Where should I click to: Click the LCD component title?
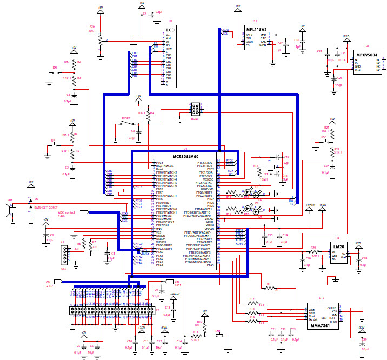tap(170, 30)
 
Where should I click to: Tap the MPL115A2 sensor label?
tap(256, 29)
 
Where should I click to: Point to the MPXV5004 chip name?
tap(369, 55)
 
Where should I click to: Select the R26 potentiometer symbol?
tap(99, 41)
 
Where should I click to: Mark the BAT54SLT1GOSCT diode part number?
tap(46, 208)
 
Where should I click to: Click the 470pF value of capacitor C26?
tap(339, 85)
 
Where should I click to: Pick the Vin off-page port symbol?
tap(169, 282)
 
